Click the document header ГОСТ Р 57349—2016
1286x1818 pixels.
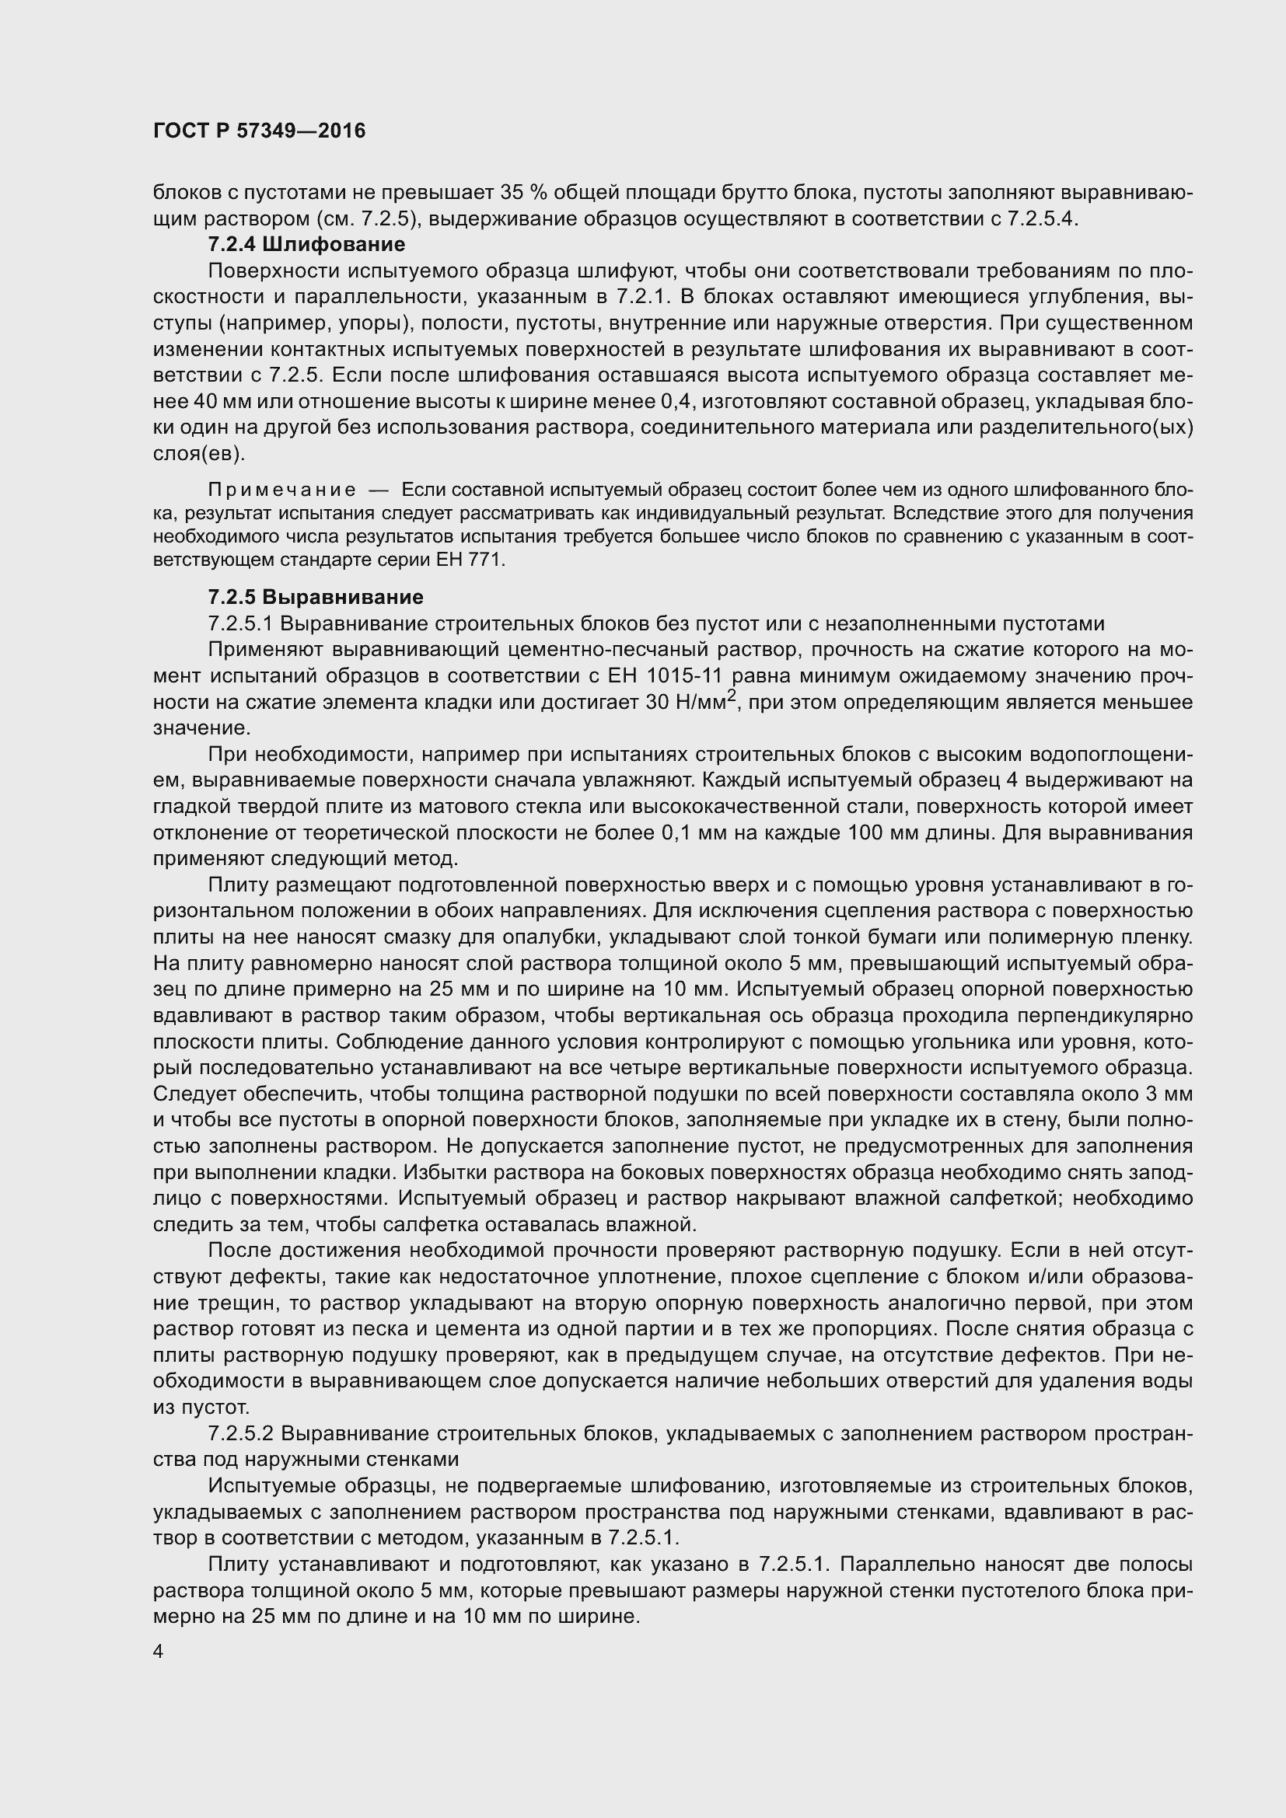[x=259, y=131]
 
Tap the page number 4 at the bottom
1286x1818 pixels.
[x=159, y=1652]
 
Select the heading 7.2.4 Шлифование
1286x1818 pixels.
[x=306, y=245]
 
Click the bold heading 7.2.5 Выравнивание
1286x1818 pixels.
[x=315, y=597]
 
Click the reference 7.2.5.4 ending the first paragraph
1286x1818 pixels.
[x=1042, y=218]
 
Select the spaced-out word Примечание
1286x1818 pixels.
[x=281, y=491]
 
